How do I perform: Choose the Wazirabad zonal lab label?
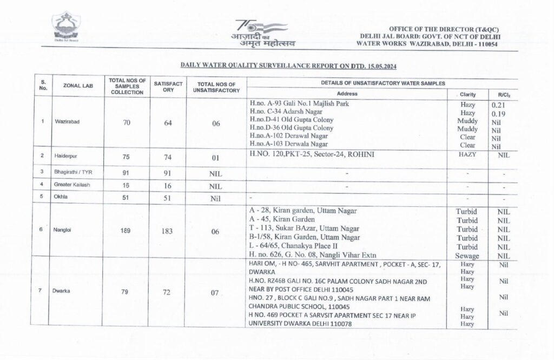coord(67,122)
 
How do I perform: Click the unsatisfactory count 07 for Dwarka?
coord(215,292)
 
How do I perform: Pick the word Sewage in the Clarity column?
coord(467,255)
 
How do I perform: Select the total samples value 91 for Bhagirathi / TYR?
coord(127,173)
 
